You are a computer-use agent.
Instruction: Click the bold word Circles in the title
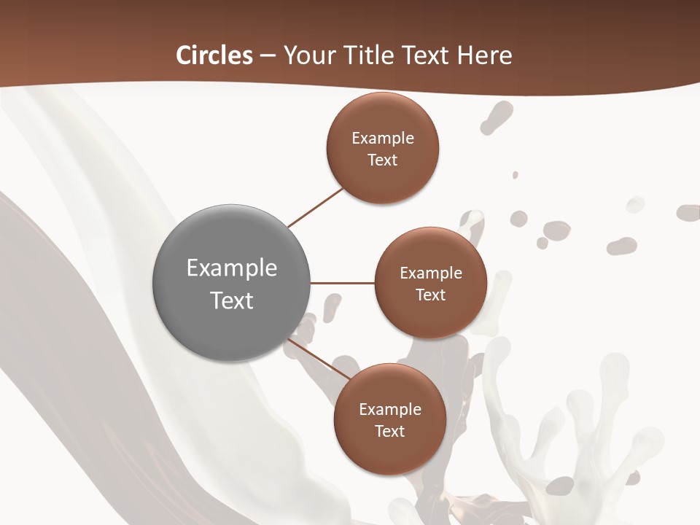pos(214,55)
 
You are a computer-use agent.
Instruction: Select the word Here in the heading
pos(484,55)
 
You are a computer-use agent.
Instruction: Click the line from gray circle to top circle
pos(315,208)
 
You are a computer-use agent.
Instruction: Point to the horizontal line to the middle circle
pos(342,282)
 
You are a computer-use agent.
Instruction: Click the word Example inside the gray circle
pos(232,268)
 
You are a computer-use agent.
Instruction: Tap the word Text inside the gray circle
pos(232,300)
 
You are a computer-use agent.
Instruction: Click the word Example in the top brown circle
pos(383,139)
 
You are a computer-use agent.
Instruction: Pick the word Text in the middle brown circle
pos(430,295)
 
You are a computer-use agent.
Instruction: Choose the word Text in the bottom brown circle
pos(389,432)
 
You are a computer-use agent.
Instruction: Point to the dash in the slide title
pos(268,56)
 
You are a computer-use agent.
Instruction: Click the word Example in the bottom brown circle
pos(390,410)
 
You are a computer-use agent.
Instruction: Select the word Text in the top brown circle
pos(382,160)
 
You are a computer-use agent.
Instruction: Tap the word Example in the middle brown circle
pos(431,273)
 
